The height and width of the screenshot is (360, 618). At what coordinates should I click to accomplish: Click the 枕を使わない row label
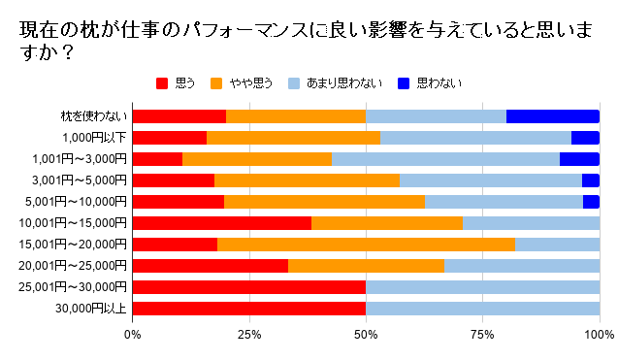pos(94,116)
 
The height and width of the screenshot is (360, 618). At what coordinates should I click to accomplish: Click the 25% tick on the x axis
pos(248,335)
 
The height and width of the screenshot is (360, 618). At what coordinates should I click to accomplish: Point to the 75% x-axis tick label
pos(482,335)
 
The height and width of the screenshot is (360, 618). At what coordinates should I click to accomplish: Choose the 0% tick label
pos(133,335)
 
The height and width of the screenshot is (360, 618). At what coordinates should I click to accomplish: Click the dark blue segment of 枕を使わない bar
pos(552,116)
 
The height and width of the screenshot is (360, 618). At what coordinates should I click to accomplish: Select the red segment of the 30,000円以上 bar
pos(248,309)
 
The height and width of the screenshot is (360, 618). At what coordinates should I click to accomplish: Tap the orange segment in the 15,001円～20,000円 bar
pos(366,245)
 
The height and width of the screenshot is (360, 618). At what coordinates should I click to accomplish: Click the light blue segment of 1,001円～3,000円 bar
pos(445,159)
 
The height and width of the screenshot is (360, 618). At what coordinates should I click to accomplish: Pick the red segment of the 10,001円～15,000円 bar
pos(221,223)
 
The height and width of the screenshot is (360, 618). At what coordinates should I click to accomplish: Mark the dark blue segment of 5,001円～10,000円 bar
pos(591,202)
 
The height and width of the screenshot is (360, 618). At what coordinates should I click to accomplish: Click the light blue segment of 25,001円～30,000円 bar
pos(482,287)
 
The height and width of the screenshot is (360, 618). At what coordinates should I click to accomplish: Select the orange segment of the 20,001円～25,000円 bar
pos(366,266)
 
